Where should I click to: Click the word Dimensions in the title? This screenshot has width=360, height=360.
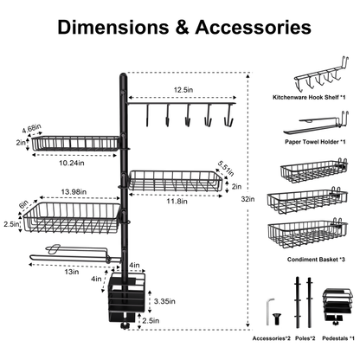pos(113,27)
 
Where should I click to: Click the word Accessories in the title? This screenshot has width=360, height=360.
pos(253,27)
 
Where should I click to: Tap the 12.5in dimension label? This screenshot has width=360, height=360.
pos(183,90)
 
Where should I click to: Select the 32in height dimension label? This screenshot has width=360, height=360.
pos(247,199)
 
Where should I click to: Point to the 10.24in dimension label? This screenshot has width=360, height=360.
pos(72,163)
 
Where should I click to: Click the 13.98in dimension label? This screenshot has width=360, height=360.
pos(74,192)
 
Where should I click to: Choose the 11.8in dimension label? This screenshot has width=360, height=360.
pos(177,201)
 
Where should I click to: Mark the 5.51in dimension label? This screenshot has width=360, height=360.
pos(226,169)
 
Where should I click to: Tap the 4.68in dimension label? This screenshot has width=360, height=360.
pos(32,128)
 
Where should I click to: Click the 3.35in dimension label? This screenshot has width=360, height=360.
pos(164,301)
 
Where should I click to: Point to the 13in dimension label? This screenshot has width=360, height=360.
pos(72,272)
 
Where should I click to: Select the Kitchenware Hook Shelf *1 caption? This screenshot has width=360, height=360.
pos(309,97)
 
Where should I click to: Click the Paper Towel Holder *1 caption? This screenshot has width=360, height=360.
pos(315,142)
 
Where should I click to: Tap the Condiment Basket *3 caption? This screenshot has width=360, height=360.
pos(316,260)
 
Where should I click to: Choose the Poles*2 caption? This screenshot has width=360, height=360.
pos(305,338)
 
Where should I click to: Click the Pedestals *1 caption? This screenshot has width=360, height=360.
pos(338,338)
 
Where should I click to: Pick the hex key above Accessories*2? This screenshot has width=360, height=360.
pos(268,312)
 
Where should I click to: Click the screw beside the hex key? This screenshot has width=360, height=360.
pos(277,318)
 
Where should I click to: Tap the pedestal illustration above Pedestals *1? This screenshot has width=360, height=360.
pos(338,305)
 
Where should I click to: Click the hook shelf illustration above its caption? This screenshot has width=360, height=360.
pos(322,76)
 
